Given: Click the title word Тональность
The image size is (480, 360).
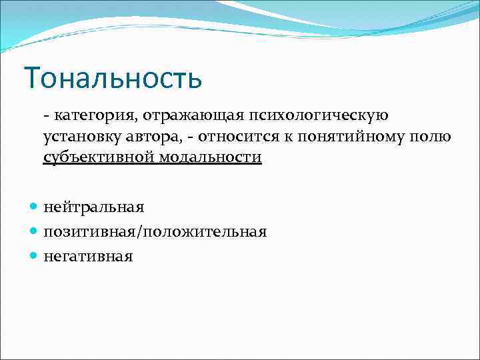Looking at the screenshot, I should [x=113, y=78].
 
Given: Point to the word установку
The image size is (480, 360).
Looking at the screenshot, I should [x=81, y=137].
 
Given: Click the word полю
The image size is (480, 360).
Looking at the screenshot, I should [x=433, y=137].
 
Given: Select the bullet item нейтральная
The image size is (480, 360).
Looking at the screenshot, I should [x=94, y=208].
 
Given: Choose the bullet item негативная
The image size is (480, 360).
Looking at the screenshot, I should [x=88, y=256].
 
